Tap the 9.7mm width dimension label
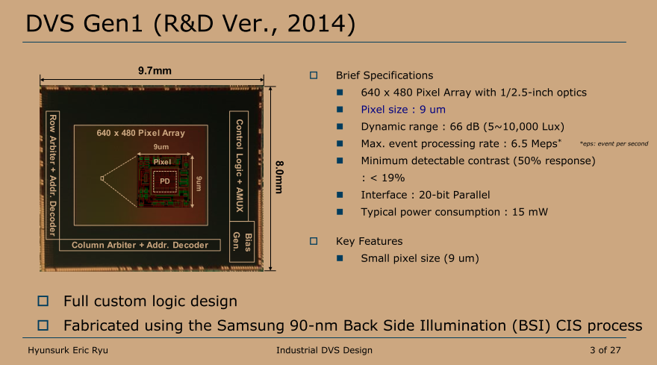(155, 71)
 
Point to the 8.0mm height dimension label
(279, 177)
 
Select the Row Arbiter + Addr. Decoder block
(52, 175)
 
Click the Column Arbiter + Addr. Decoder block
(140, 245)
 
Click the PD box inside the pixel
(164, 181)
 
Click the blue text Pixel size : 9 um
(402, 109)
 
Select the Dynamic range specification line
(462, 126)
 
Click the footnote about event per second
(613, 143)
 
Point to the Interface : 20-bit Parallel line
(425, 195)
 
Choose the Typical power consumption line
(454, 212)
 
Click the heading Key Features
(369, 241)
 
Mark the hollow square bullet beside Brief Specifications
(314, 75)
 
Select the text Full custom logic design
(150, 302)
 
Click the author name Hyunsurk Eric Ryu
(69, 350)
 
